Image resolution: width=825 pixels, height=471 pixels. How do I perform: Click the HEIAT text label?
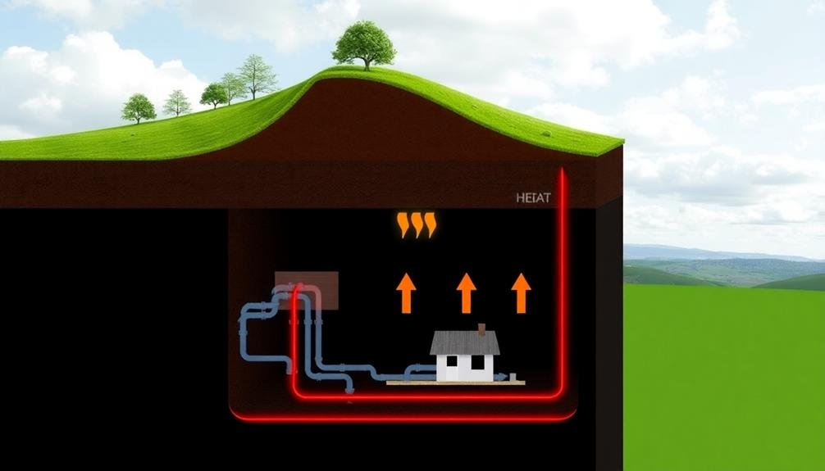533,197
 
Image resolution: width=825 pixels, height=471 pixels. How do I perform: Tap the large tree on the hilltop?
364,44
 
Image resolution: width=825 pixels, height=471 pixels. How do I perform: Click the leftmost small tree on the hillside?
139,107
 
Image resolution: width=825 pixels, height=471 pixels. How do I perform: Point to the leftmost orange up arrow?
405,293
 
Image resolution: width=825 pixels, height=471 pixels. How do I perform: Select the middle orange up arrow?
466,293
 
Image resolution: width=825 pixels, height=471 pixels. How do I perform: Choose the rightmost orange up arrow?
521,293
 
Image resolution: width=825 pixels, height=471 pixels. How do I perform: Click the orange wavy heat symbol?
417,224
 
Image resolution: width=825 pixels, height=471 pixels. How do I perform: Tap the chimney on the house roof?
482,329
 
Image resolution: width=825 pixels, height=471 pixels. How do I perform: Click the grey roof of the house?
464,342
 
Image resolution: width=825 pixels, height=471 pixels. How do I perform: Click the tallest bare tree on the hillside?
258,75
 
